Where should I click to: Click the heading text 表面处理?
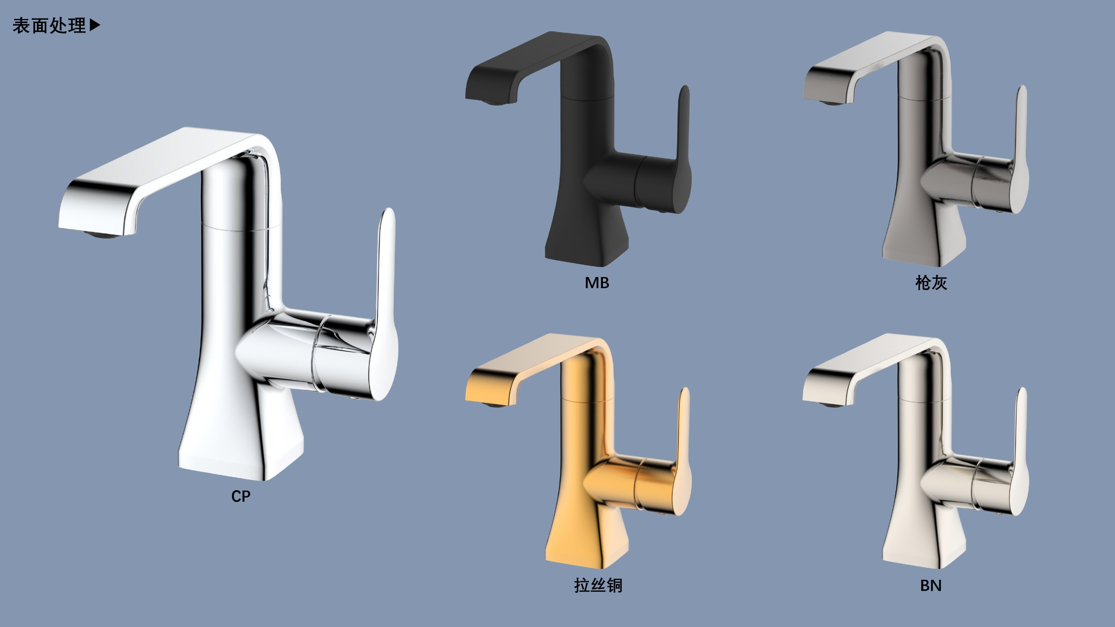click(x=49, y=26)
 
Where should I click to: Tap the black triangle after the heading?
click(x=95, y=25)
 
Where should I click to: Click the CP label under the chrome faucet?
click(x=241, y=496)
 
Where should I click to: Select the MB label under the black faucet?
click(x=597, y=283)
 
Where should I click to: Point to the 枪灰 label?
click(x=931, y=283)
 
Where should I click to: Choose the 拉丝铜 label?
click(x=598, y=585)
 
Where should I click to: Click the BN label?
click(x=931, y=585)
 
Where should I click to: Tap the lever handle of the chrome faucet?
click(x=383, y=303)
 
